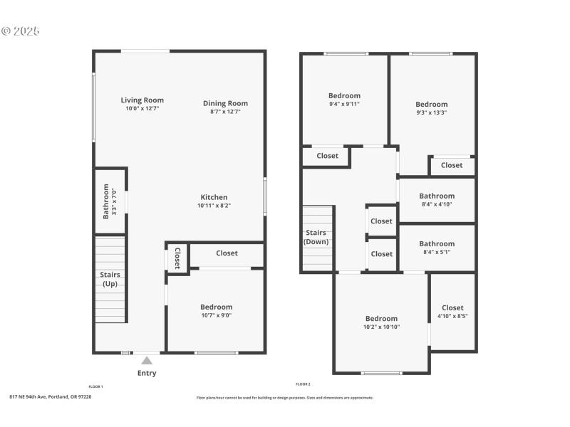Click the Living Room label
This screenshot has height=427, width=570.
coord(142,100)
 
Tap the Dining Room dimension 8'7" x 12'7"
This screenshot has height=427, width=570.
coord(225,112)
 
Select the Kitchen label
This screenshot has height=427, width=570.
coord(214,197)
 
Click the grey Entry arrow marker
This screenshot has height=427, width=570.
coord(147,361)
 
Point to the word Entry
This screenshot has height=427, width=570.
coord(147,373)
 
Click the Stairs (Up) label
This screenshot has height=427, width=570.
coord(110,279)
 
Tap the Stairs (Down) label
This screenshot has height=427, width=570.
coord(316,237)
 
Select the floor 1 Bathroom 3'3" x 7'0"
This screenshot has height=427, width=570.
coord(110,201)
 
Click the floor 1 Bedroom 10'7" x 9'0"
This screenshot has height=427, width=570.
coord(216,311)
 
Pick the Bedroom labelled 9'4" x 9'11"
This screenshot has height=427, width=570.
coord(344,99)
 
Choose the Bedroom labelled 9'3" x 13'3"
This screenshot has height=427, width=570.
coord(432,107)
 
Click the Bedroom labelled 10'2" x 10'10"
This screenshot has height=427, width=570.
coord(381,322)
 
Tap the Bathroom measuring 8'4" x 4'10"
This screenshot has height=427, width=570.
coord(437,199)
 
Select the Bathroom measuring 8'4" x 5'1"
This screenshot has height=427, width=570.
coord(437,247)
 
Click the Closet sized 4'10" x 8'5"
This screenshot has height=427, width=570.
coord(452,312)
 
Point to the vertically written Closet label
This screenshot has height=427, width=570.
coord(177,258)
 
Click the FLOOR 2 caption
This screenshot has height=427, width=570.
coord(304,384)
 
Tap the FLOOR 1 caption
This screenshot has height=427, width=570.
coord(95,386)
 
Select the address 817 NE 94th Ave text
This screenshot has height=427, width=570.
coord(51,396)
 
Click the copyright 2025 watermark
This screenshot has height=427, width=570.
coord(21,31)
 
